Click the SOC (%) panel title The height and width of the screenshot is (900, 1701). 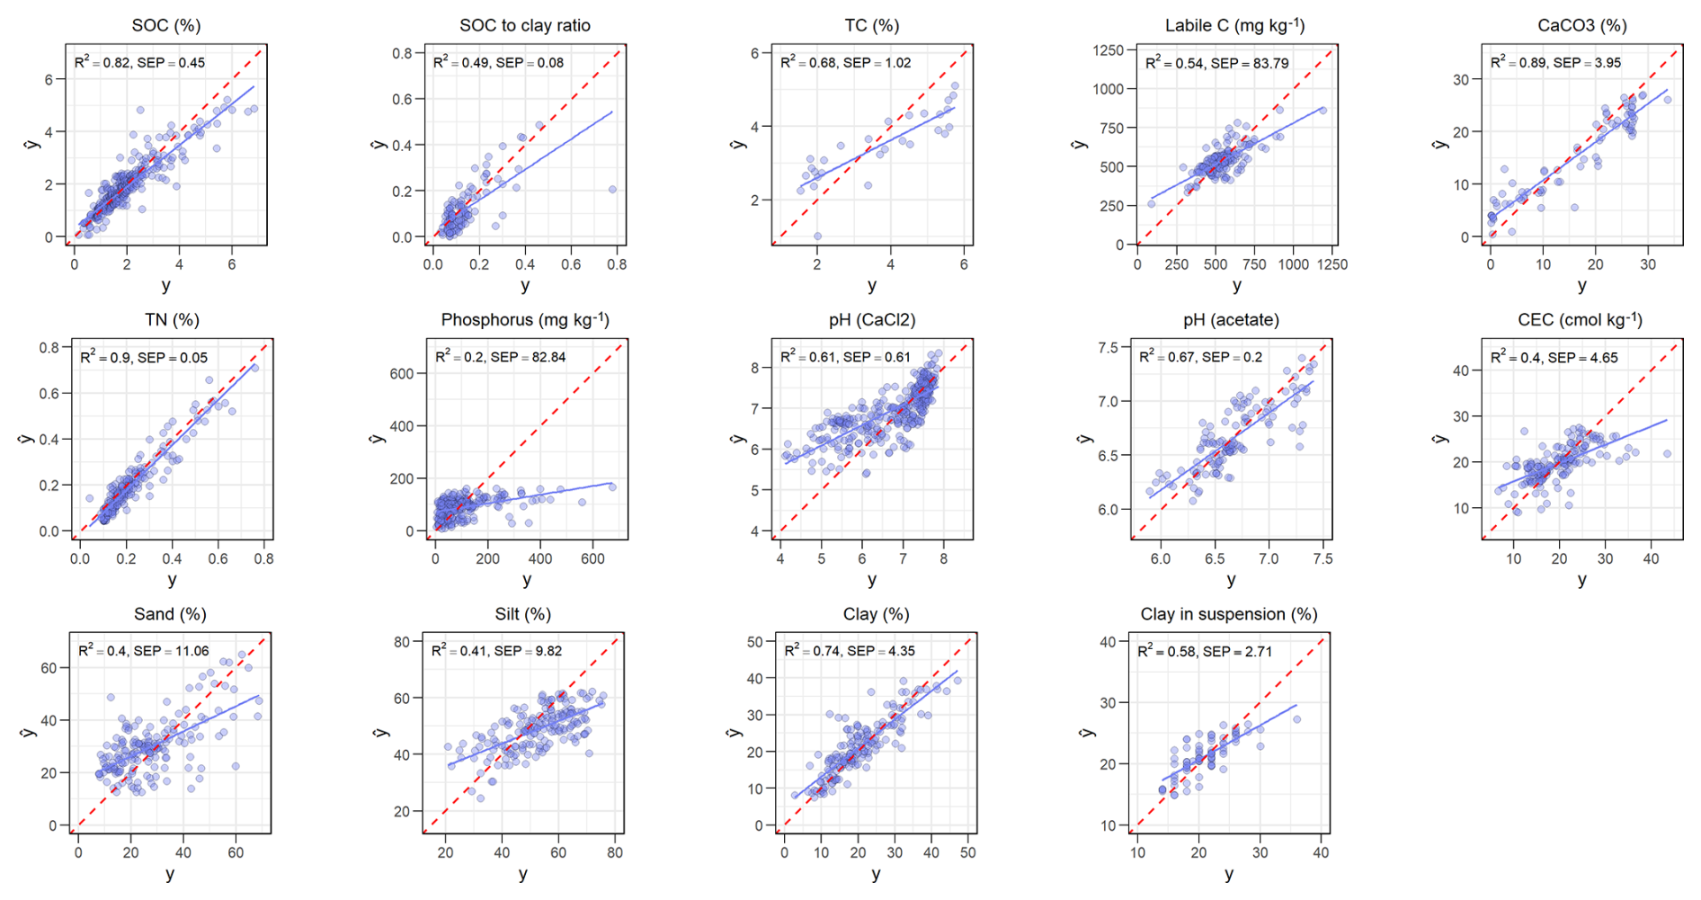[x=165, y=25]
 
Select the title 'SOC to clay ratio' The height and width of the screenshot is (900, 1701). [x=525, y=25]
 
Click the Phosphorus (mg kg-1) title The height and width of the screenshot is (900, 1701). [x=525, y=320]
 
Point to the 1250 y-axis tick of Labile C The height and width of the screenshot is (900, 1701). [x=1109, y=50]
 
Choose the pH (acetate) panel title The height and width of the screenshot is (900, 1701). [x=1231, y=320]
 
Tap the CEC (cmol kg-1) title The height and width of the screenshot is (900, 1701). [x=1580, y=320]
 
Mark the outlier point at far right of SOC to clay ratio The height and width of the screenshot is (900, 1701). [x=612, y=190]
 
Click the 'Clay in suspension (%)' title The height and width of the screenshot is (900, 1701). [x=1229, y=614]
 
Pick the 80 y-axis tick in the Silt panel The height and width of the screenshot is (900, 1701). [x=402, y=642]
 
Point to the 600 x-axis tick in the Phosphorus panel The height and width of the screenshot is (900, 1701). [x=592, y=558]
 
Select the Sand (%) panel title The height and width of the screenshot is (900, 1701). [x=170, y=614]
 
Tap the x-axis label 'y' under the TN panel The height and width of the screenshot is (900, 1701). [x=172, y=580]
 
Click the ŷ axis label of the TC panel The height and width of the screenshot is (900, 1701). [x=739, y=144]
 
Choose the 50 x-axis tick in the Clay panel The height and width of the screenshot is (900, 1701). [x=967, y=852]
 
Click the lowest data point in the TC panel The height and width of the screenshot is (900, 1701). [x=817, y=236]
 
